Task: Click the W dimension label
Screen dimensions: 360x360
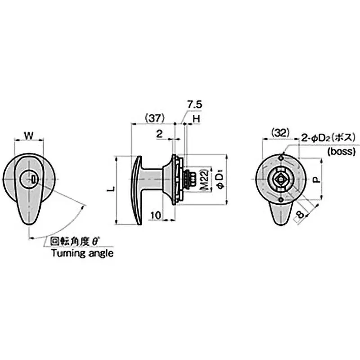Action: [29, 135]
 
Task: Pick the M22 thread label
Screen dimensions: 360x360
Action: [203, 179]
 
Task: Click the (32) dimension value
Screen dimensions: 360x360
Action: [279, 133]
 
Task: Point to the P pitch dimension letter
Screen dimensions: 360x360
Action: [316, 180]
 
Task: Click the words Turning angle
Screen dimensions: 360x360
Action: [82, 253]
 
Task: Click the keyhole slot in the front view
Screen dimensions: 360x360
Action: [35, 180]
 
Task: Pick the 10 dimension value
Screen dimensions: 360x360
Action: [155, 216]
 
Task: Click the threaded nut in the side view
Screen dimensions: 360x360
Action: [189, 178]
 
